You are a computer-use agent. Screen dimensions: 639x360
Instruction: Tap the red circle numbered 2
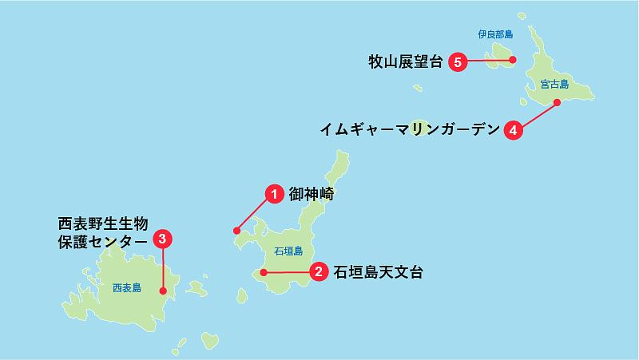(x=319, y=272)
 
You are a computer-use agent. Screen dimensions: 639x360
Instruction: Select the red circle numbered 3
(x=163, y=238)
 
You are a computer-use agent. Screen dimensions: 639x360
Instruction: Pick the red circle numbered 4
(x=513, y=129)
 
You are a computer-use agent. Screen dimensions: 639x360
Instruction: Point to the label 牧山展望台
(x=405, y=61)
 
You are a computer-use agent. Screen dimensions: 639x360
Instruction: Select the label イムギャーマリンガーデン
(x=409, y=129)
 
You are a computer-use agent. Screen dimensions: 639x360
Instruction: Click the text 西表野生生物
(x=104, y=223)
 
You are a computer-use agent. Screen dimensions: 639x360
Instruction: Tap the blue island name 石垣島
(x=288, y=251)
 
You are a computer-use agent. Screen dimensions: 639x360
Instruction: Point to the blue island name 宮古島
(x=554, y=83)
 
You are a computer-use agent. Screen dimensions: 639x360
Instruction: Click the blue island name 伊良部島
(x=495, y=34)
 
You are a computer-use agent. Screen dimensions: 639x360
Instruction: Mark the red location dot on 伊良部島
(x=513, y=59)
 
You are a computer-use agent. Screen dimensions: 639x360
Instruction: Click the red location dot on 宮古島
(x=557, y=102)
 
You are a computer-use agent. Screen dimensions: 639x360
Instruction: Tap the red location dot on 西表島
(x=163, y=291)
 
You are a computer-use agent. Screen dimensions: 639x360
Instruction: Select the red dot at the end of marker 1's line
(x=236, y=231)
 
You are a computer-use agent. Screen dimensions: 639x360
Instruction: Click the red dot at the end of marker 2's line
(x=263, y=273)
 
